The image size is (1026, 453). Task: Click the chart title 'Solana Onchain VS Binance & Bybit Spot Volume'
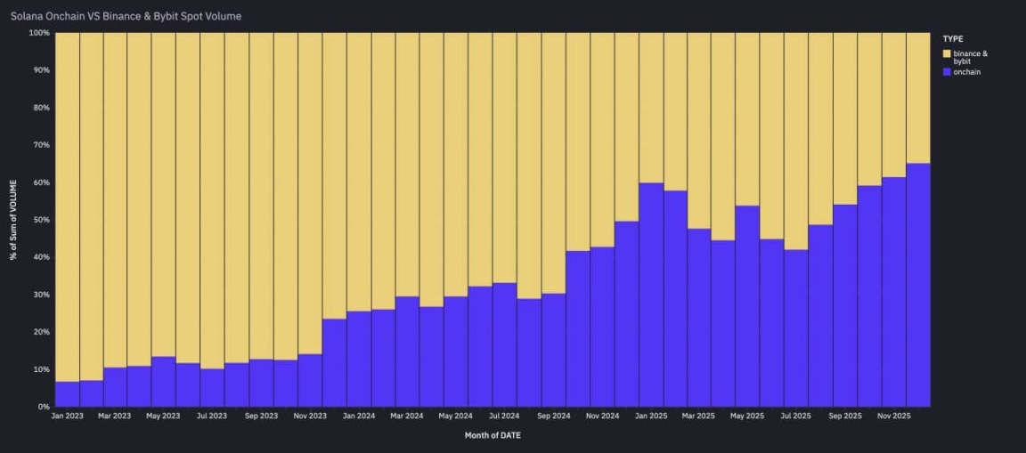coord(126,16)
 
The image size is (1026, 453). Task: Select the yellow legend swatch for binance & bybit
coord(947,53)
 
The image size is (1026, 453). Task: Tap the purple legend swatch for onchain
coord(947,72)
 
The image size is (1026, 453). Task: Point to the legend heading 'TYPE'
coord(953,39)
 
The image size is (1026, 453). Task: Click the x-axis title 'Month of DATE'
coord(493,435)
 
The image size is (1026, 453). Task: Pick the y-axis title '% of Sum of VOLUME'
coord(13,220)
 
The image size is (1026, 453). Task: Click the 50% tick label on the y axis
coord(40,220)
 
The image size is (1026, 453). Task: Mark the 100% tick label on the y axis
coord(38,33)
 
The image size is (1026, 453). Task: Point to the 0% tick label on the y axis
coord(42,407)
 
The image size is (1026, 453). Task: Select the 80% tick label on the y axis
coord(40,108)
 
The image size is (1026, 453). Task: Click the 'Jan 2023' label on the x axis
coord(68,416)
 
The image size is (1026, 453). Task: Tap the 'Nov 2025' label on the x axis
coord(893,416)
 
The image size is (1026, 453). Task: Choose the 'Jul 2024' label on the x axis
coord(504,416)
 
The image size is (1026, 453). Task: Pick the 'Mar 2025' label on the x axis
coord(699,416)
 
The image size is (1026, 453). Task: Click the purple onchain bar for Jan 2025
coord(650,294)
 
